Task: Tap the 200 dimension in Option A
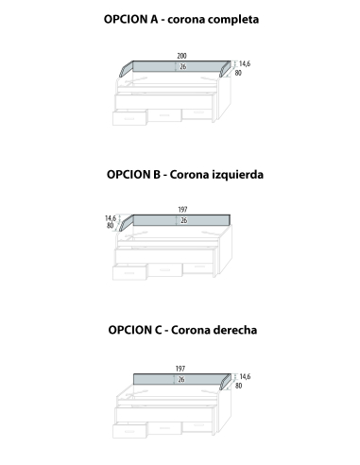181,56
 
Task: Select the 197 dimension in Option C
180,367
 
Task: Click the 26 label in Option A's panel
181,67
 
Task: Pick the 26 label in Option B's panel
183,220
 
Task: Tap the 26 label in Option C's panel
180,378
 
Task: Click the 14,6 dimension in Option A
244,63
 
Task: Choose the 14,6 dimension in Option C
244,375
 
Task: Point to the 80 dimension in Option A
238,73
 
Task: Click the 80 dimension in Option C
238,385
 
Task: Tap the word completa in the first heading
232,18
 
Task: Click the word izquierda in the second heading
235,174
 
